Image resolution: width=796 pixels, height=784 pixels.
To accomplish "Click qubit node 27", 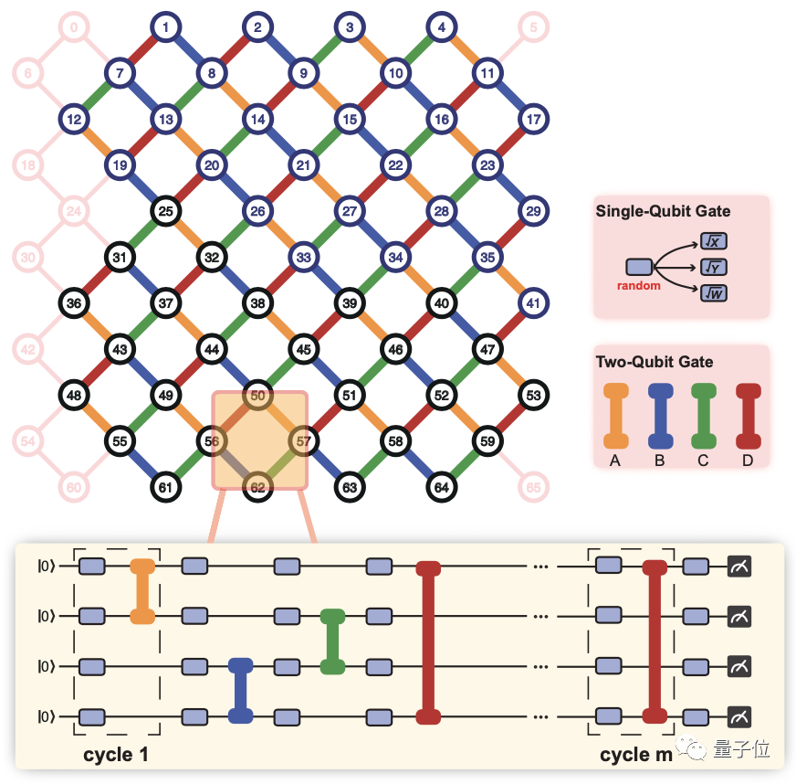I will pos(350,211).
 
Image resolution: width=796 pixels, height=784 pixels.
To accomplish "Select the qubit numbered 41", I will pos(533,303).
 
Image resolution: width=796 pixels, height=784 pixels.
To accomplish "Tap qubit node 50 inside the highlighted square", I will pos(257,396).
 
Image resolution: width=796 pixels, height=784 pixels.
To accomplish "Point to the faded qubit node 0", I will pos(74,27).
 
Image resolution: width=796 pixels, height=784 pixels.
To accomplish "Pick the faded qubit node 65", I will pos(533,488).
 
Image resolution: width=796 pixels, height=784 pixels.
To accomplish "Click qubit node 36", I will pos(74,303).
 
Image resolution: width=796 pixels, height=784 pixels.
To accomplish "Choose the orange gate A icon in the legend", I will pos(616,415).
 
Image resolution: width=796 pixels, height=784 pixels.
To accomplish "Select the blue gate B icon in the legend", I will pos(659,415).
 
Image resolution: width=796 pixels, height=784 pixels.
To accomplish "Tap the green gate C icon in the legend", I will pos(703,415).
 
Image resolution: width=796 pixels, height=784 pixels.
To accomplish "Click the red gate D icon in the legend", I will pos(747,415).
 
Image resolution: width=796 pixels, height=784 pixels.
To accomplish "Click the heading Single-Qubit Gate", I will pos(663,212).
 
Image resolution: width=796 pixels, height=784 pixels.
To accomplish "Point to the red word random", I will pos(638,285).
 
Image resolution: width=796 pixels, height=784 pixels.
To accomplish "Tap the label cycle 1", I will pos(116,756).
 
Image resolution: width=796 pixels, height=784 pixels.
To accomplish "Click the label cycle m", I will pos(635,756).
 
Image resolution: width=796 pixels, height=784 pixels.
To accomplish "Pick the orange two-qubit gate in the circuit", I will pos(142,591).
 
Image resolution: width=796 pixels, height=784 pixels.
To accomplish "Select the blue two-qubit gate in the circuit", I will pos(240,691).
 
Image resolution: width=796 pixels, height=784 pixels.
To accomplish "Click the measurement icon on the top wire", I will pos(739,567).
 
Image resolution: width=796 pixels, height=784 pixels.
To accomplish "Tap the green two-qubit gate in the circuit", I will pos(333,641).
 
